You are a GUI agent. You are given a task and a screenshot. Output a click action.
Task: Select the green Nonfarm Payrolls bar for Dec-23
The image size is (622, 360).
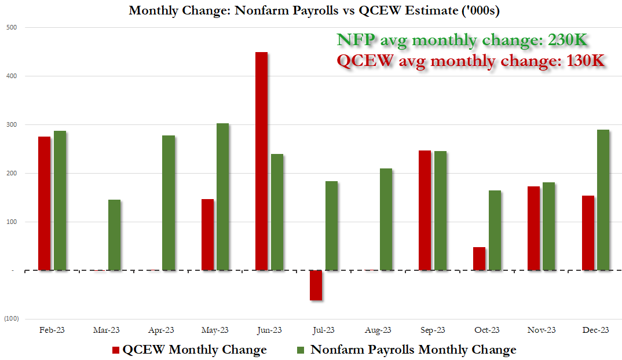tap(603, 200)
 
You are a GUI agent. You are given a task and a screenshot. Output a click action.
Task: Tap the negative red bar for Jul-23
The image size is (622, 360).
tap(316, 285)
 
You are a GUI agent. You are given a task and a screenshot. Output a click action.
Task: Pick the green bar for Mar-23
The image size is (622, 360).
tap(114, 235)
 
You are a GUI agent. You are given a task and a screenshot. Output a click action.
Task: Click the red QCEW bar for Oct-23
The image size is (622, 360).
tap(479, 259)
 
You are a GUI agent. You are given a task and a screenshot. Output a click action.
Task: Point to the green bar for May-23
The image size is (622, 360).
tap(222, 197)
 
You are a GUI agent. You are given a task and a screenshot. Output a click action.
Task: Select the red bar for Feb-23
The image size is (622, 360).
tap(44, 203)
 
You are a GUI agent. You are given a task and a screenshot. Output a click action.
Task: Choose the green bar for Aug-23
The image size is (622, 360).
tap(385, 219)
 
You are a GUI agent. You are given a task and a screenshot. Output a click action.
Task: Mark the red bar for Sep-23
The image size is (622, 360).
tap(425, 210)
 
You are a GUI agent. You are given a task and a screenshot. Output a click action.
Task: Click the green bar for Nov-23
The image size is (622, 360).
tap(548, 226)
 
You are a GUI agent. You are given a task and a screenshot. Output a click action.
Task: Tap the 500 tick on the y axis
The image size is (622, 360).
tap(12, 27)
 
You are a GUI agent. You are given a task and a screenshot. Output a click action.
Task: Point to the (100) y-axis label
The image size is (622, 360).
tap(12, 319)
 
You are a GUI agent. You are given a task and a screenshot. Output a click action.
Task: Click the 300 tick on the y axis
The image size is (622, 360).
tap(12, 124)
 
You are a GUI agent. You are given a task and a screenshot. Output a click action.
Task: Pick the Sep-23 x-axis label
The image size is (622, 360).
tap(433, 330)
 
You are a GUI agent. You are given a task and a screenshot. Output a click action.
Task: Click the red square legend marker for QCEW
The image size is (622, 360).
tap(115, 350)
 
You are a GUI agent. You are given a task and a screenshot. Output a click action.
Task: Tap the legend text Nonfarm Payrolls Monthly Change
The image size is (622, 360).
tap(413, 350)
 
